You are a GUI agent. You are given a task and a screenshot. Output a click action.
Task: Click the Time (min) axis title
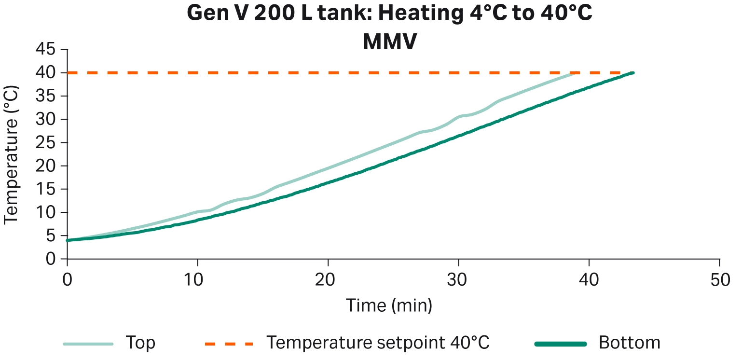(389, 305)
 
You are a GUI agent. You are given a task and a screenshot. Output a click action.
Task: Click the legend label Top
(140, 343)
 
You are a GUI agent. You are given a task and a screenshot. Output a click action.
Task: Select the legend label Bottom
(629, 343)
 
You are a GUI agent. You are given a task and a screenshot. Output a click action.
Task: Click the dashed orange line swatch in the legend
(229, 344)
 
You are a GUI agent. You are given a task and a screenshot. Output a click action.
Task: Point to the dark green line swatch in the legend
(561, 344)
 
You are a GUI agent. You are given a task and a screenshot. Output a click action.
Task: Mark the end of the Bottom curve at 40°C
(632, 73)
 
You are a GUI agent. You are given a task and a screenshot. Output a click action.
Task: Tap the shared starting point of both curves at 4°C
(68, 240)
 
